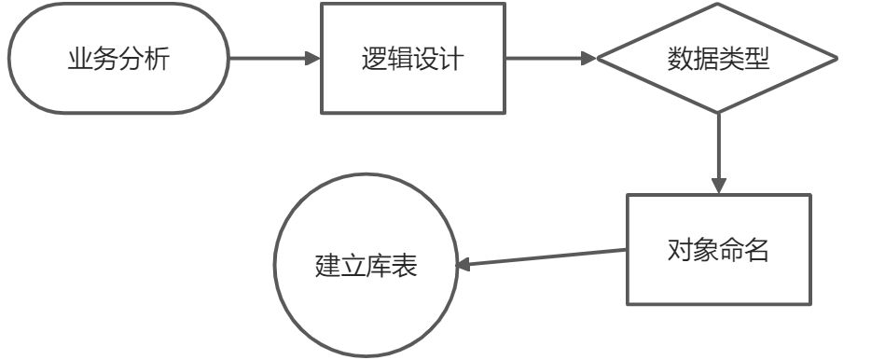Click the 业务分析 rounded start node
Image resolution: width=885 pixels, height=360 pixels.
coord(118,58)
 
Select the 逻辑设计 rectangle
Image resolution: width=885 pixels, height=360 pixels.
coord(412,58)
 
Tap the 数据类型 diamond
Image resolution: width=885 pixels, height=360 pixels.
coord(718,58)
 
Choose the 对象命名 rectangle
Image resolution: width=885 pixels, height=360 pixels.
coord(718,249)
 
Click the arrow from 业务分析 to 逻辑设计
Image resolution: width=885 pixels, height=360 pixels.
coord(270,58)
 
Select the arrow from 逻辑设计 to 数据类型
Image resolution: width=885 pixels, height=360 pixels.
coord(550,58)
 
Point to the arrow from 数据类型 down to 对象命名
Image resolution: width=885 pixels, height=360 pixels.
coord(718,149)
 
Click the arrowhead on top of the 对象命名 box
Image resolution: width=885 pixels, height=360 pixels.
coord(718,185)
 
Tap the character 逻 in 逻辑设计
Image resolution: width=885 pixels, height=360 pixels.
coord(374,58)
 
